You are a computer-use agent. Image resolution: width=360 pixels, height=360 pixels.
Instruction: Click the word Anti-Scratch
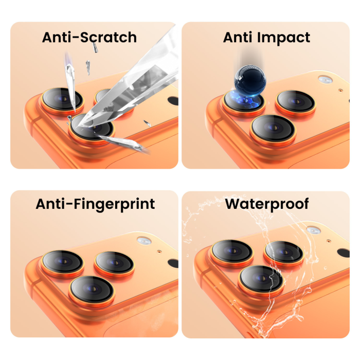coord(89,37)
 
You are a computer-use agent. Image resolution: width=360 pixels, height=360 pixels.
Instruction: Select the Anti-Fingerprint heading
coord(95,204)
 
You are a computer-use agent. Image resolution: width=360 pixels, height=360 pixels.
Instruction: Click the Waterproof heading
coord(267,204)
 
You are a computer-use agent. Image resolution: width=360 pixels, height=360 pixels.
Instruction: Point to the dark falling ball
coord(250,81)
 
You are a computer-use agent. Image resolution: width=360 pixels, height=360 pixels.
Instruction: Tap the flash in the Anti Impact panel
coord(325,79)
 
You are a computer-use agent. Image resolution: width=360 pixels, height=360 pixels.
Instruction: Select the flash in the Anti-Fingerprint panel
coord(144,241)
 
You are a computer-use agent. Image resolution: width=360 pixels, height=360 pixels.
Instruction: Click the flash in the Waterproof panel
coord(314,230)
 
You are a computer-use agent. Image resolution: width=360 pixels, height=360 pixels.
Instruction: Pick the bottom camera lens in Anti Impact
coord(273,130)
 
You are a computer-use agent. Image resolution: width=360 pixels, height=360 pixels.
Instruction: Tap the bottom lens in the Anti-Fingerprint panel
coord(92,291)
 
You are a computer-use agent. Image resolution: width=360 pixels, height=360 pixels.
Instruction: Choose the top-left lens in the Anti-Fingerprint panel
coord(63,263)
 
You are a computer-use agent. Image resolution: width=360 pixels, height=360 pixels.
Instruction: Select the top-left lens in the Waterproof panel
coord(232,253)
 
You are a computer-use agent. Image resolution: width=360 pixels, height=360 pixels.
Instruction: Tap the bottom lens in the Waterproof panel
coord(261,281)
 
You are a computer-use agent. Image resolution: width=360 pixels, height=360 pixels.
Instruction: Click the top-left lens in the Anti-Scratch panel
coord(62,101)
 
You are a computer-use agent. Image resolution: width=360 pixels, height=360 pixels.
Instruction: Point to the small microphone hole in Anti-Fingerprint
coord(159,251)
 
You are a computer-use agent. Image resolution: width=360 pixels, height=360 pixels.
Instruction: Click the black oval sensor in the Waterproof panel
coord(344,253)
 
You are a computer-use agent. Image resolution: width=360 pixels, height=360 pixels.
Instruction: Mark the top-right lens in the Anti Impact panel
coord(296,103)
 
